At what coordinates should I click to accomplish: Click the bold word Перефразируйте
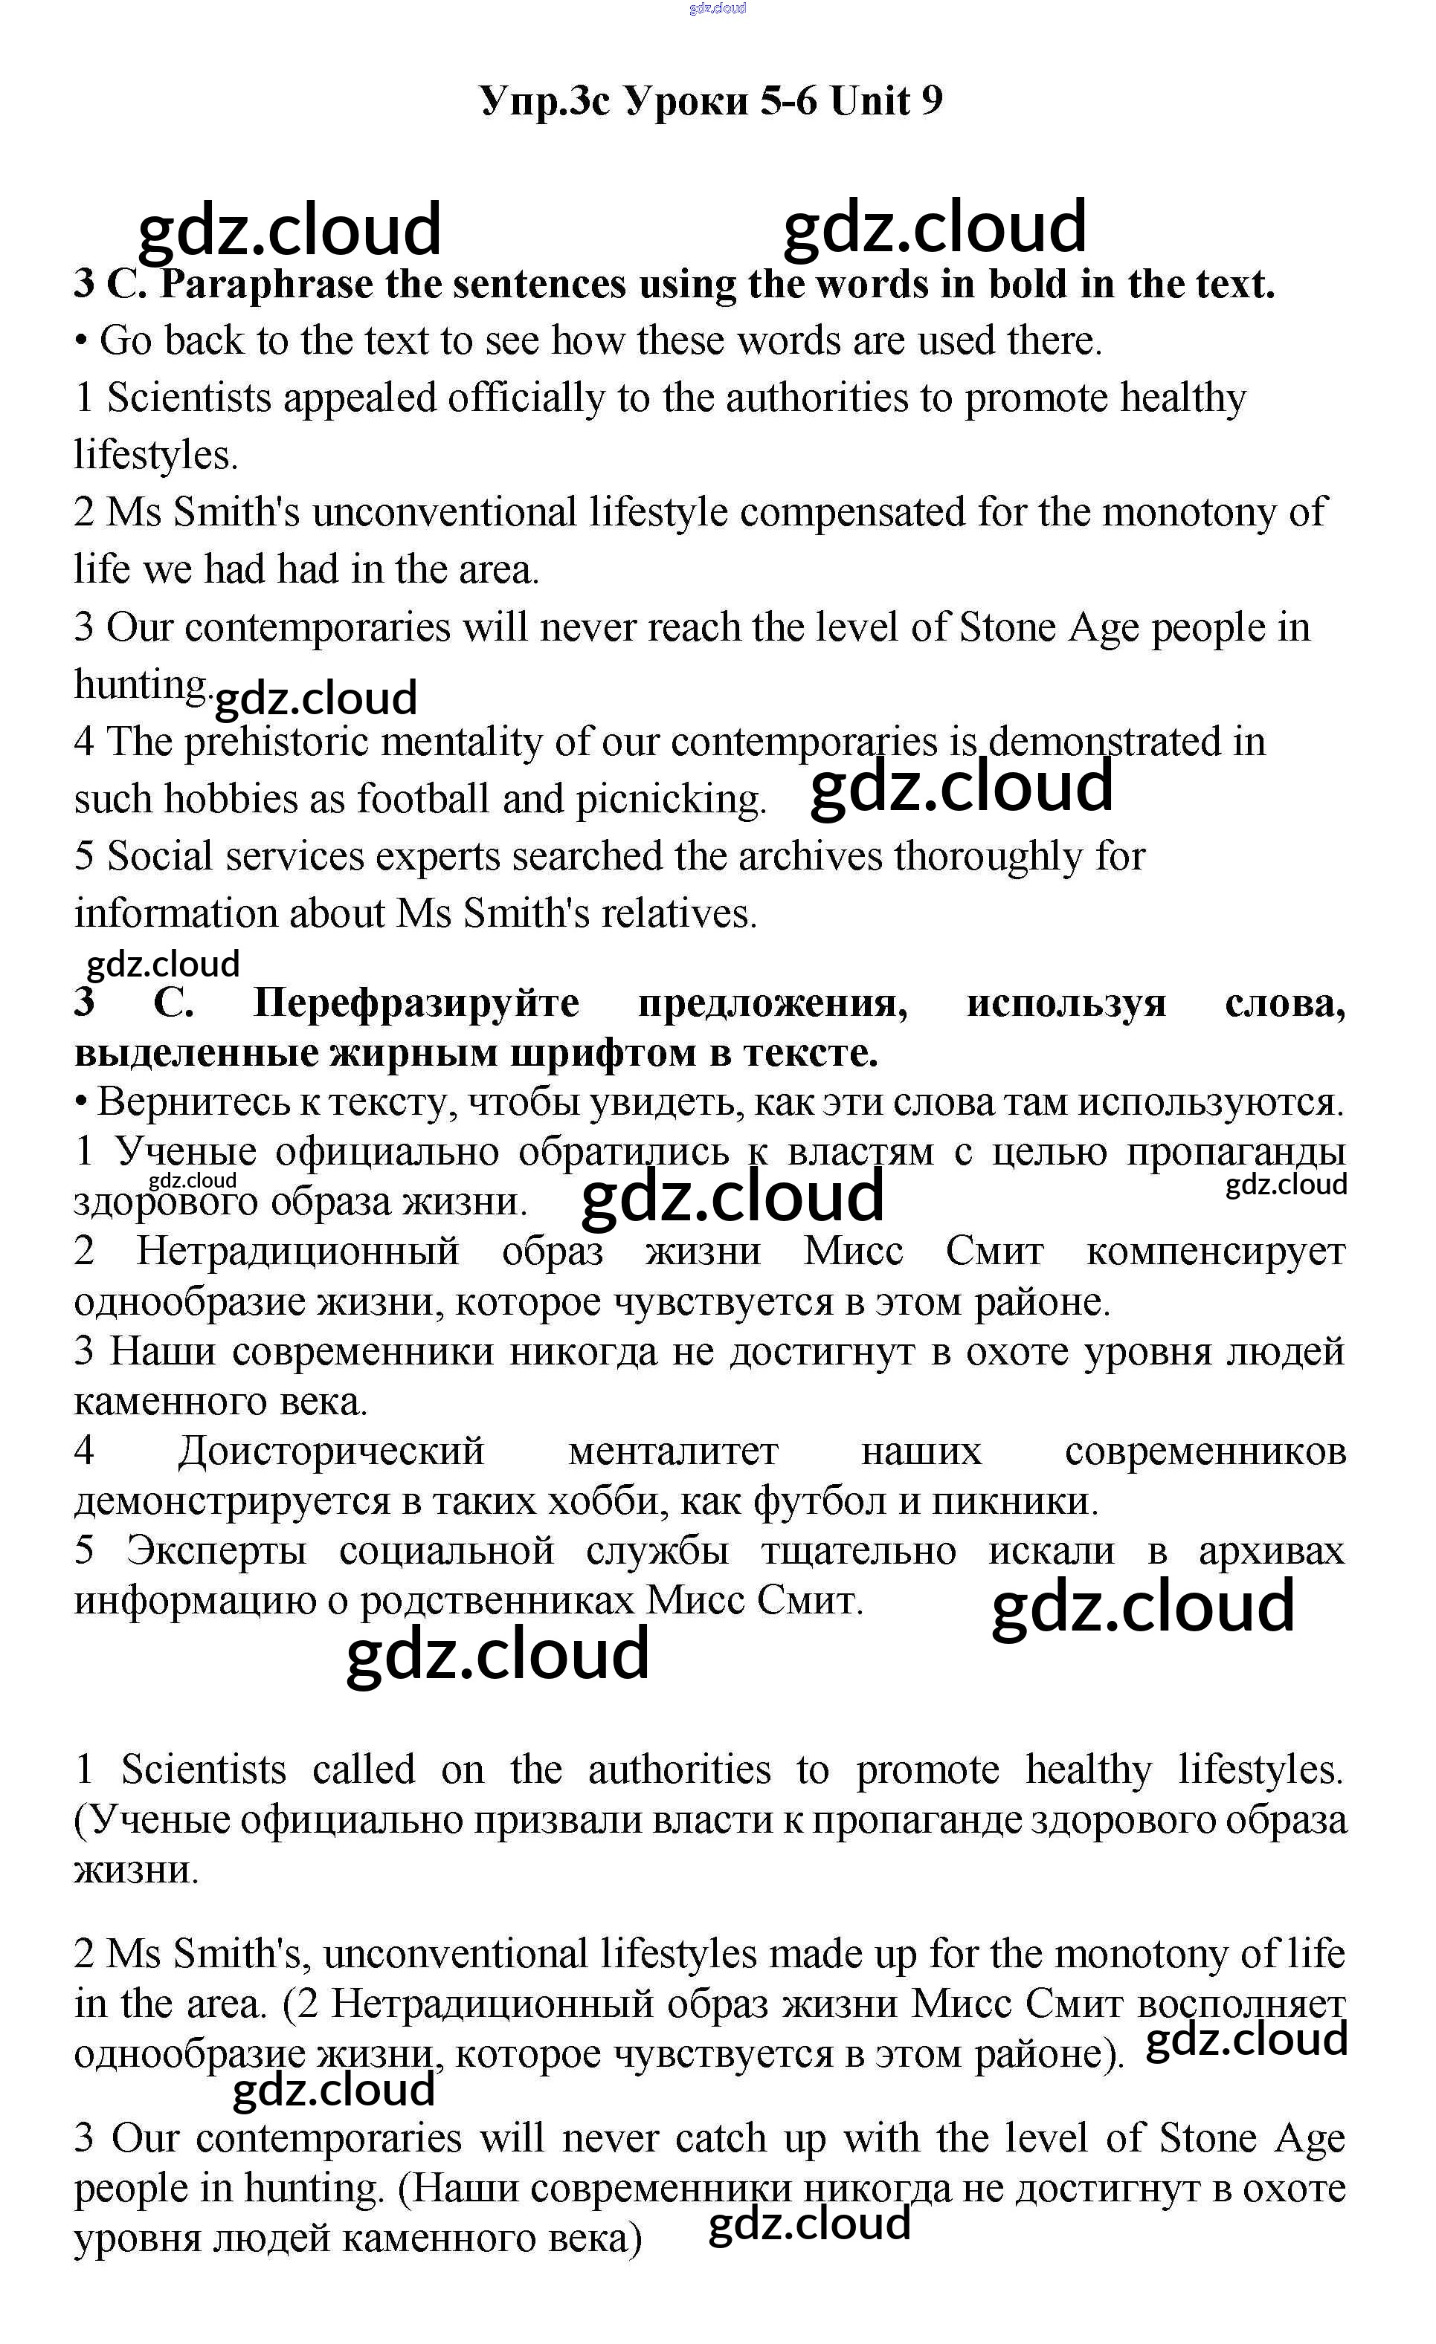416,1003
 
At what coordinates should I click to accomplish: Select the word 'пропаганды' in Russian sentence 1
1235,1152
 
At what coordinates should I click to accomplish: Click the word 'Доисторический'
330,1451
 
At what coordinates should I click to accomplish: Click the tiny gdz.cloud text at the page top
717,9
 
